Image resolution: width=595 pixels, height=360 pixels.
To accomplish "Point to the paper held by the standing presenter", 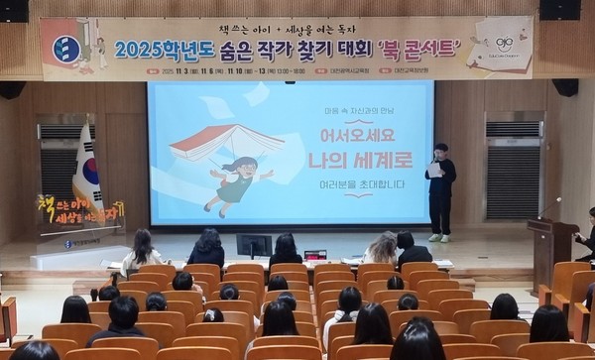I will point(433,169).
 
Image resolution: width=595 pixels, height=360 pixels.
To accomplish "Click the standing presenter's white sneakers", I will point(439,238).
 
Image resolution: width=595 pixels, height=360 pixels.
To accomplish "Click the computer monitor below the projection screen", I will point(254,244).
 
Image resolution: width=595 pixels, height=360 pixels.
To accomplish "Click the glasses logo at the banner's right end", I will point(504,44).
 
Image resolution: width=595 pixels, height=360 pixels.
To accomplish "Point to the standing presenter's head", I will point(440,150).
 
